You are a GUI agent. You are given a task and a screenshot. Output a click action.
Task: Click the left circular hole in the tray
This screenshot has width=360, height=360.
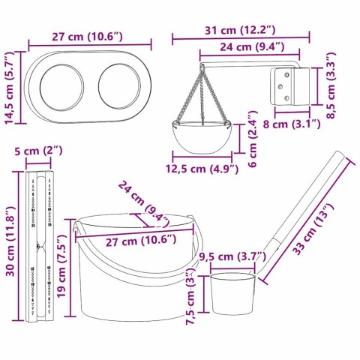pos(62,83)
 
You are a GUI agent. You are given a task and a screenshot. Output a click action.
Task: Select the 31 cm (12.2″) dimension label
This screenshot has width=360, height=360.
pos(239,31)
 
